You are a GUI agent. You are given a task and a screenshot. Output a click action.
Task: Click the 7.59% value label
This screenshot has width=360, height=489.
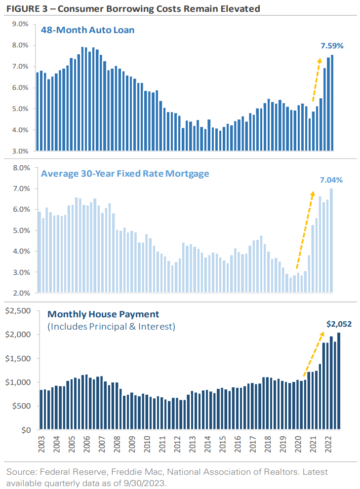(332, 46)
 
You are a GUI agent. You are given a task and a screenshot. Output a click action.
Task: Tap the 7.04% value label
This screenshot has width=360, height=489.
(331, 180)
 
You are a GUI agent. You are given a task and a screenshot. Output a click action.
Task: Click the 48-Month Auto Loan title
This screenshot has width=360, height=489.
(88, 31)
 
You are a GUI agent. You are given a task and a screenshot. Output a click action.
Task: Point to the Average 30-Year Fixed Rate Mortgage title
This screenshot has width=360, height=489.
(125, 174)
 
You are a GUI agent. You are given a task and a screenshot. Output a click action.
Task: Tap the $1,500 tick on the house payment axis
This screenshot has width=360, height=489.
(18, 358)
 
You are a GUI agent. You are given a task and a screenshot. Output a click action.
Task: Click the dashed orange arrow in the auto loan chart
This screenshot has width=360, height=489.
(315, 79)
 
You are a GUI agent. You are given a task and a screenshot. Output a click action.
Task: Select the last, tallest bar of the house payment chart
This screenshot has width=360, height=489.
(339, 381)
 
